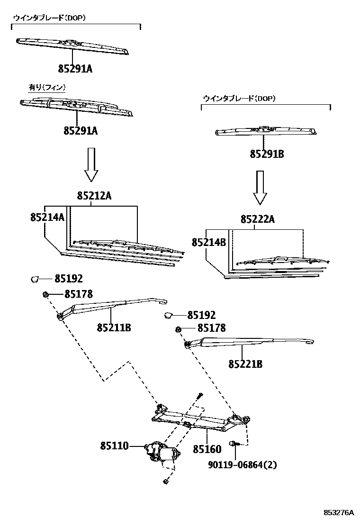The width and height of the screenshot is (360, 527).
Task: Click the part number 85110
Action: pos(114,446)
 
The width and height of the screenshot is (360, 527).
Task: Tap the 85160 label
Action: pos(207,449)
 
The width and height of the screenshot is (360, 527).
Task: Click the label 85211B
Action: pos(114,327)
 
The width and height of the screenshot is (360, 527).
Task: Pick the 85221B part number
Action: pos(245,364)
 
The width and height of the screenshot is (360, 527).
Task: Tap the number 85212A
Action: pos(94,196)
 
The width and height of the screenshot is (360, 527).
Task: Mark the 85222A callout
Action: pos(257,219)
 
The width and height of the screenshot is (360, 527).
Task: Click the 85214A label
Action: pos(47,217)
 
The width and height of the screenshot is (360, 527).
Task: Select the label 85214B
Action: pos(209,242)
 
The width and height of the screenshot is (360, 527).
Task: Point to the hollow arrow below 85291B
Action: pos(260,188)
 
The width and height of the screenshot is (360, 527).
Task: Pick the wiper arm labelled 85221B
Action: pos(246,341)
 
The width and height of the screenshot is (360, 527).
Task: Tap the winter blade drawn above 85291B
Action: pos(265,131)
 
